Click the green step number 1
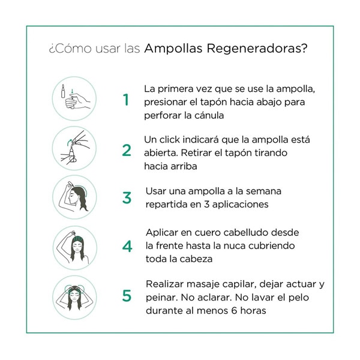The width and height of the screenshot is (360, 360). [x=126, y=100]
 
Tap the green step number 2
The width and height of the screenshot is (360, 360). [x=126, y=150]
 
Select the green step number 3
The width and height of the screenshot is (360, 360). [x=126, y=198]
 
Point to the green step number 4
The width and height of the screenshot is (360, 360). [x=127, y=246]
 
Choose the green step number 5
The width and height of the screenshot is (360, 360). [x=127, y=296]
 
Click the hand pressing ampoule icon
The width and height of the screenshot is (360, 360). [x=74, y=98]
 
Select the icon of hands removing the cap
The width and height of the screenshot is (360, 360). [x=74, y=148]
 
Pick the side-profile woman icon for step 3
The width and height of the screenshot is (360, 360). [x=74, y=197]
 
